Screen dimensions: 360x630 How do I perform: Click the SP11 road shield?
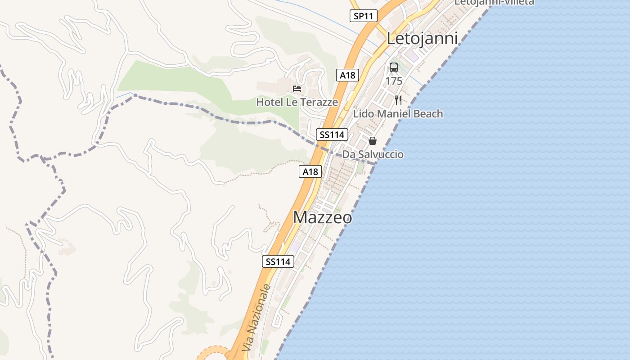(x=363, y=16)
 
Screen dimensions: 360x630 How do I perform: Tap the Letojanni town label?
(x=422, y=39)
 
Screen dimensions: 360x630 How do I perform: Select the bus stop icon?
(x=394, y=68)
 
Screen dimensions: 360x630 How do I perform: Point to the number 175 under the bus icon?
(x=394, y=81)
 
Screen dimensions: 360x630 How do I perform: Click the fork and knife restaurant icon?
(x=398, y=100)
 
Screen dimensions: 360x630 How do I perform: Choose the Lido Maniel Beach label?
(x=398, y=114)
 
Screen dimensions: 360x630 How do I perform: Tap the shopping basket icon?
(x=373, y=141)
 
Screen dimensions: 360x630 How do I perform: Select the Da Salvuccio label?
(x=373, y=154)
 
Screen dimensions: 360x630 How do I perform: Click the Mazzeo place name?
(x=322, y=217)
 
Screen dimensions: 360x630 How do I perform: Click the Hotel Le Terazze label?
(x=297, y=102)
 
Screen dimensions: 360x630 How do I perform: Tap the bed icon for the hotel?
(x=297, y=88)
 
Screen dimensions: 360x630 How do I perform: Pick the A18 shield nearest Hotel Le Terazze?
(x=347, y=75)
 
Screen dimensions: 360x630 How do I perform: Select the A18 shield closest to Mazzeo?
(x=310, y=171)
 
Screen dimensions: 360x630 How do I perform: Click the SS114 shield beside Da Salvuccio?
(x=332, y=135)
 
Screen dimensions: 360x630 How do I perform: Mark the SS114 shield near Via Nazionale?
(x=278, y=261)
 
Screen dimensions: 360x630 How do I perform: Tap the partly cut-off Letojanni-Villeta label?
(x=494, y=2)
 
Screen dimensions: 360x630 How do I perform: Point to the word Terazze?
(x=320, y=102)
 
